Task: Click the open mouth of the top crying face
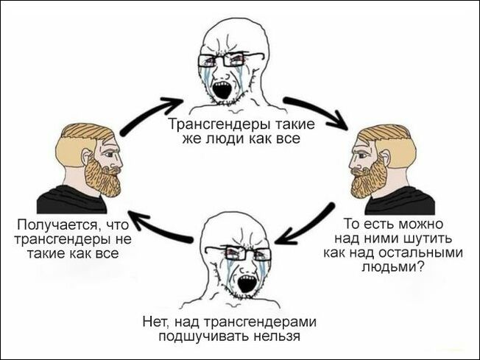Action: [x=220, y=89]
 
